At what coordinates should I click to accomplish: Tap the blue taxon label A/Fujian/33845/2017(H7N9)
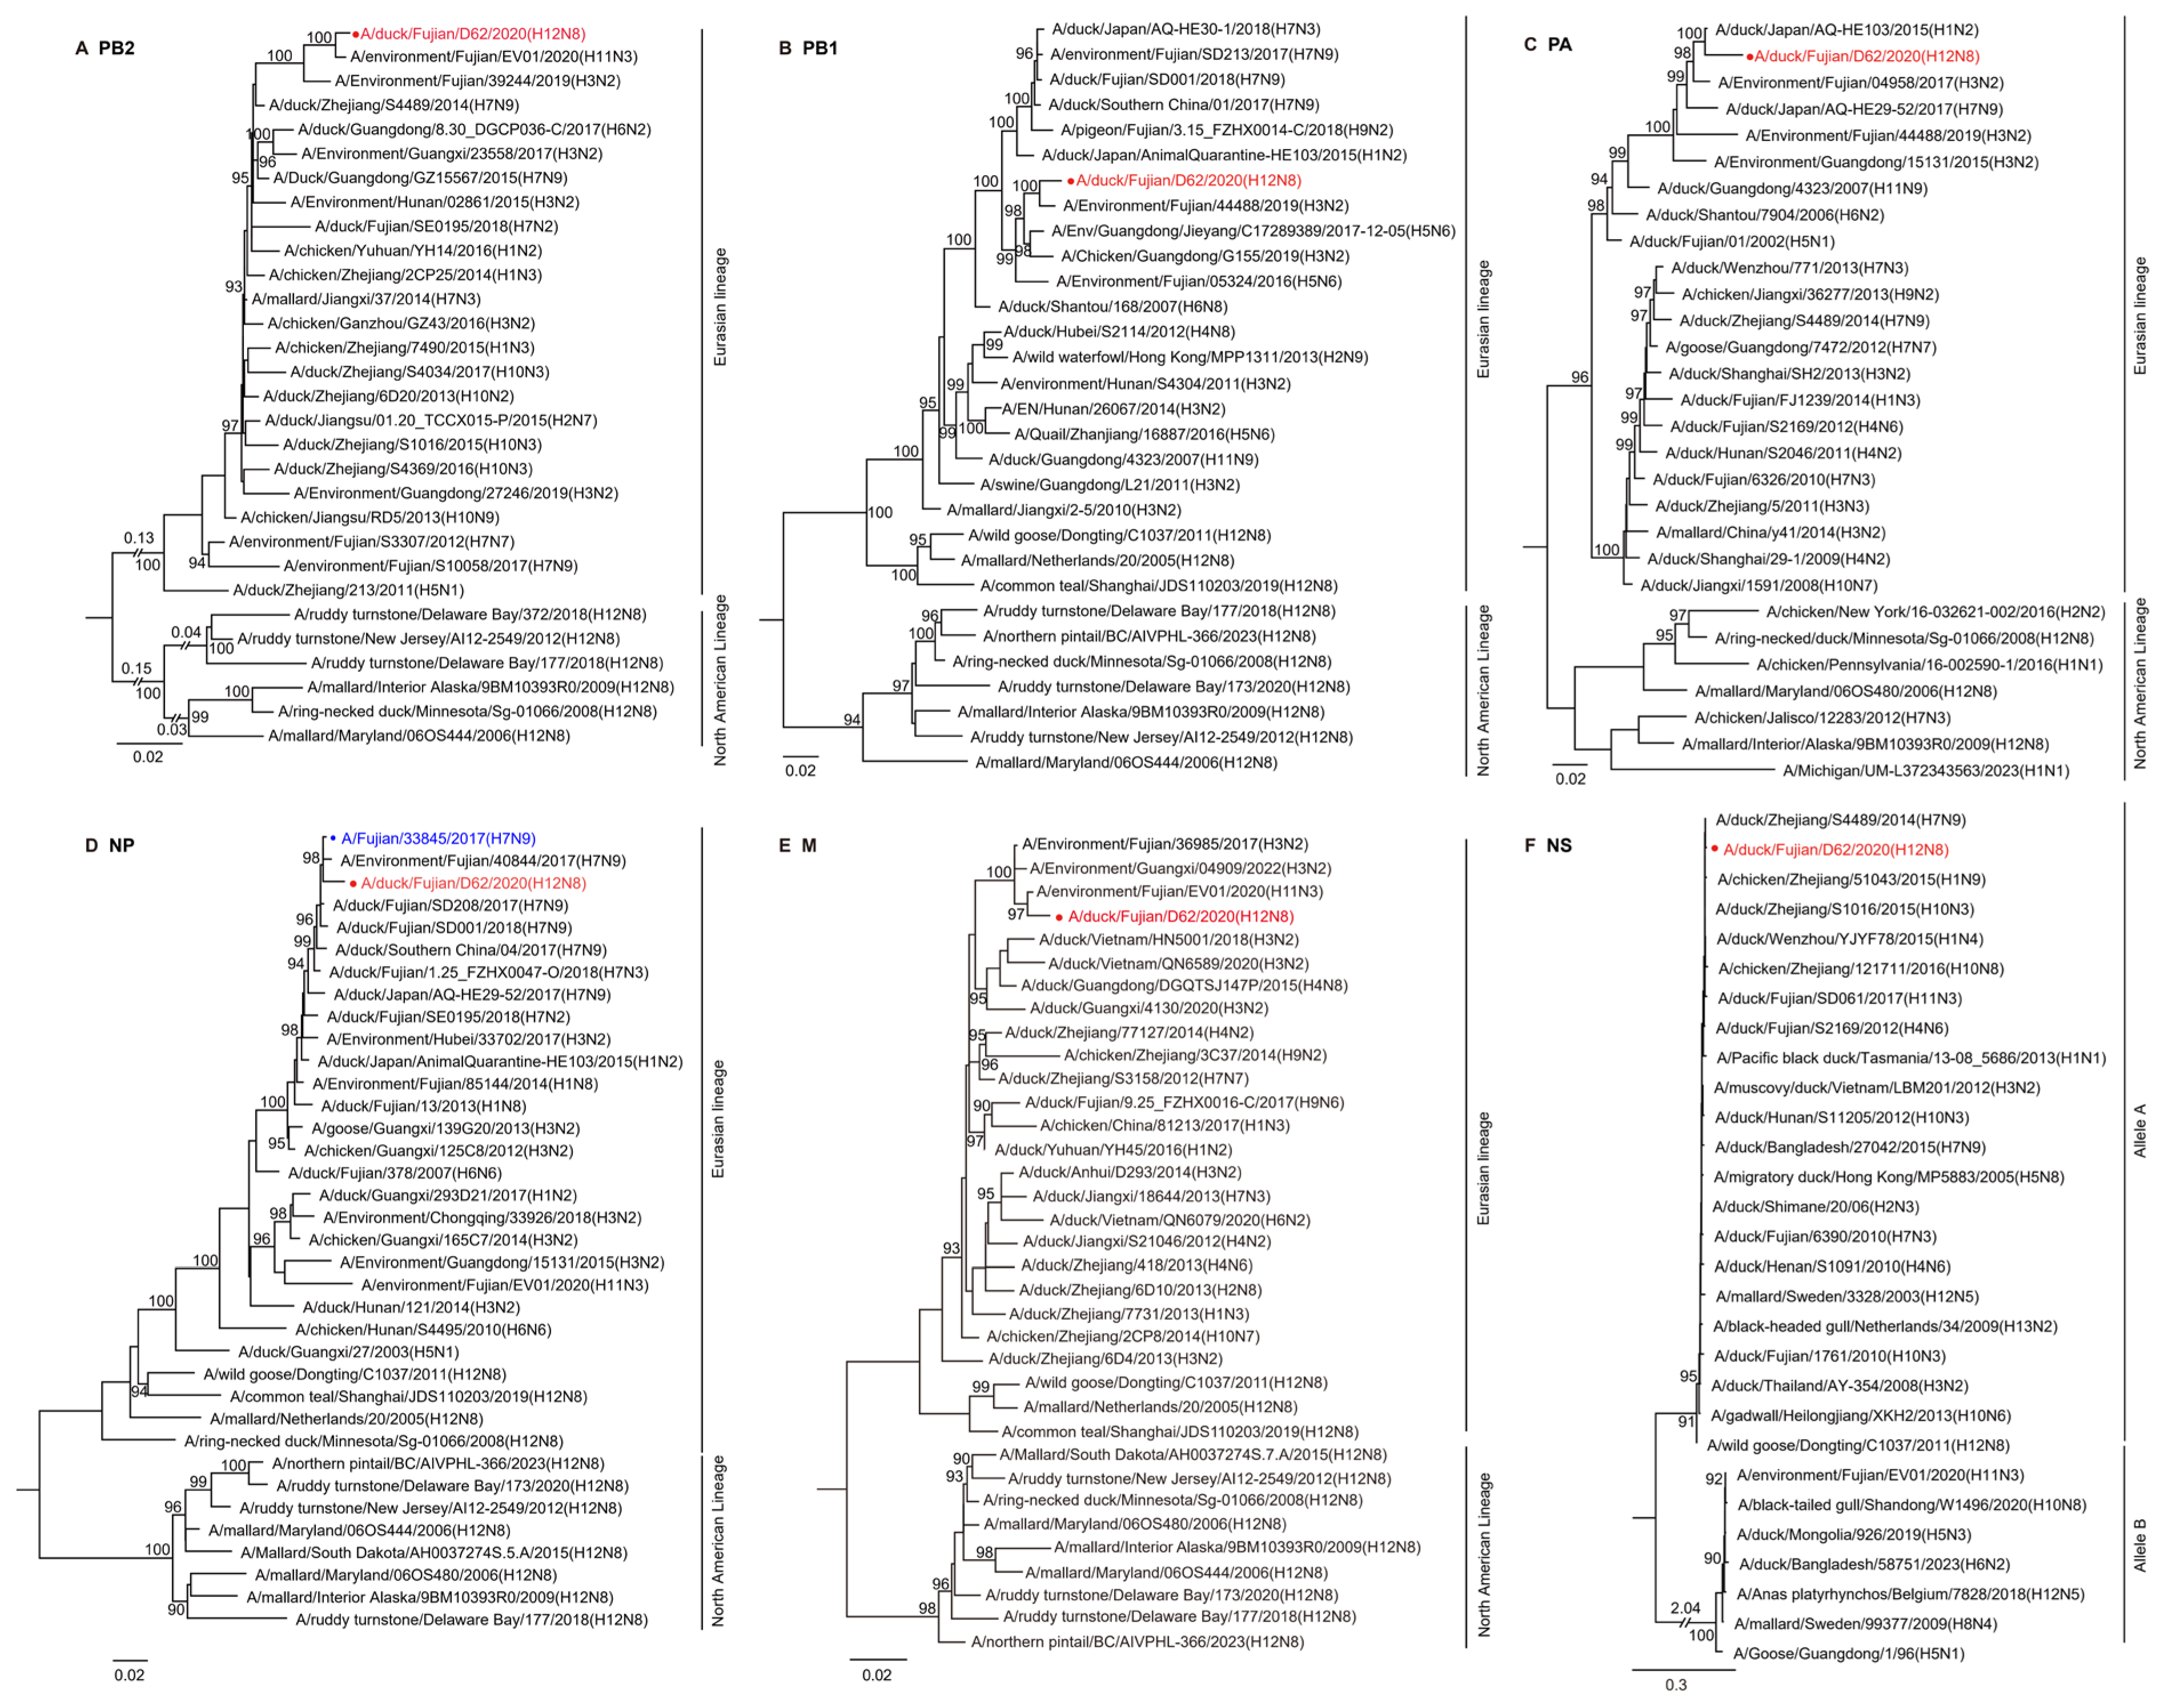click(438, 839)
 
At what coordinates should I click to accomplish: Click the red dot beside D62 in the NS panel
click(1714, 848)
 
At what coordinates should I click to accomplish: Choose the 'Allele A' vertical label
click(2140, 1129)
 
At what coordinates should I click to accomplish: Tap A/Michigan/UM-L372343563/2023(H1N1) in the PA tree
click(1925, 770)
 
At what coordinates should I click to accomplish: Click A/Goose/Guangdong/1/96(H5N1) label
click(1848, 1653)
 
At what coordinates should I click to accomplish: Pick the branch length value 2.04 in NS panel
click(1685, 1608)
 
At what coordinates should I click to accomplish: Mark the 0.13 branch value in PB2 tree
click(139, 538)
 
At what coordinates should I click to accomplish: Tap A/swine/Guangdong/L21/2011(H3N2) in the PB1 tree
click(1110, 485)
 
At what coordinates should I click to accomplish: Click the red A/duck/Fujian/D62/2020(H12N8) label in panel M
click(1180, 916)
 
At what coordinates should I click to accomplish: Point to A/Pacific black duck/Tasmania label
click(1910, 1057)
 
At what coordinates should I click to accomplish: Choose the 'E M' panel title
click(797, 846)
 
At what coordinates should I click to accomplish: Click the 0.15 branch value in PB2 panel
click(136, 669)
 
